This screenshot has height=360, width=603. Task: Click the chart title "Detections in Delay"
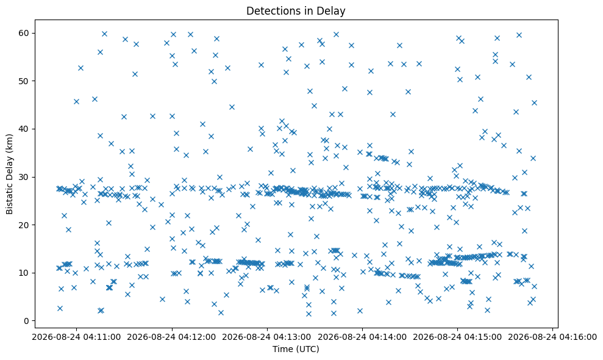pos(296,11)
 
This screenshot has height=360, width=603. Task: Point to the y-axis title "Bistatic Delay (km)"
pos(10,174)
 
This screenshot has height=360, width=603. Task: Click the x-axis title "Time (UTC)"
pos(296,349)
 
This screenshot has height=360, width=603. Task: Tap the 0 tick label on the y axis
pos(27,321)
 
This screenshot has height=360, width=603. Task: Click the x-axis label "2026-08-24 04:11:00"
pos(76,337)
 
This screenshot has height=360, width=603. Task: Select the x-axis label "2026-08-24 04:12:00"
pos(171,337)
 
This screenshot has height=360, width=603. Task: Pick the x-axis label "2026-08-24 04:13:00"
pos(267,337)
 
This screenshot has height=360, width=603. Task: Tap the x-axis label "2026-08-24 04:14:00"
pos(362,337)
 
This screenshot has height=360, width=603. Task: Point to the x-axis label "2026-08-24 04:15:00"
pos(457,337)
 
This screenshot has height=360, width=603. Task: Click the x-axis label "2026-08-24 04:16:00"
pos(552,337)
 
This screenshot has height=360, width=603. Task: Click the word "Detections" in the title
pos(272,11)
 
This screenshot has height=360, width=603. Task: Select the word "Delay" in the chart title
pos(333,11)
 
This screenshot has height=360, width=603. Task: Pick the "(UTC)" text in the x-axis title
pos(308,349)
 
